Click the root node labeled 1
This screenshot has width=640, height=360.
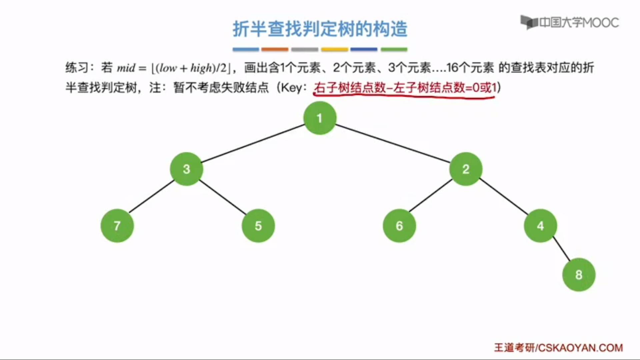pos(320,118)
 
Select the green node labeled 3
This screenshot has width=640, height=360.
pos(186,169)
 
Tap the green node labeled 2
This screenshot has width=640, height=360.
pos(466,169)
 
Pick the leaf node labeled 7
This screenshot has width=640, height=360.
pos(117,226)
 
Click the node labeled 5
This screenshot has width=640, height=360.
pos(258,226)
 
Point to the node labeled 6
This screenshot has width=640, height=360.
pos(399,226)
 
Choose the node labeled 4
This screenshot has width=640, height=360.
pos(540,226)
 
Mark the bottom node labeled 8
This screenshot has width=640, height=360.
pos(579,275)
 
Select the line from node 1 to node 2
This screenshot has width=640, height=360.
pos(393,143)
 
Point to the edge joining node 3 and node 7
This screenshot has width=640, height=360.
pos(152,197)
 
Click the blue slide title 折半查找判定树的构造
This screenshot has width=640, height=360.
pos(320,29)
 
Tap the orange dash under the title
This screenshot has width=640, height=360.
pos(275,49)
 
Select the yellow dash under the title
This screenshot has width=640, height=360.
pos(334,49)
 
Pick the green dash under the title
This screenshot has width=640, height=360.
pos(394,49)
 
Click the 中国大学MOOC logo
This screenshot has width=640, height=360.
pos(570,23)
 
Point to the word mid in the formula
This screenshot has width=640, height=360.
pos(126,68)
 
